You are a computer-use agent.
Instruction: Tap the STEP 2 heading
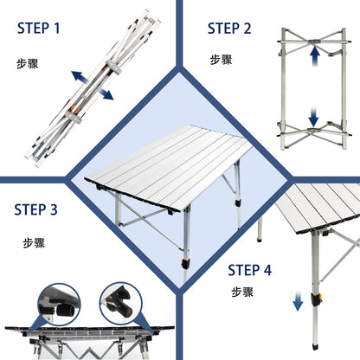point(229,28)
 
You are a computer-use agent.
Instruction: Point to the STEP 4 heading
point(250,269)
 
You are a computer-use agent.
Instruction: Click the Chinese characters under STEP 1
point(27,64)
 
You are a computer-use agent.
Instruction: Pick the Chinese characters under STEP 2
point(221,60)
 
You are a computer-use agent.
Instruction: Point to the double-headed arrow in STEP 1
point(91,85)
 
